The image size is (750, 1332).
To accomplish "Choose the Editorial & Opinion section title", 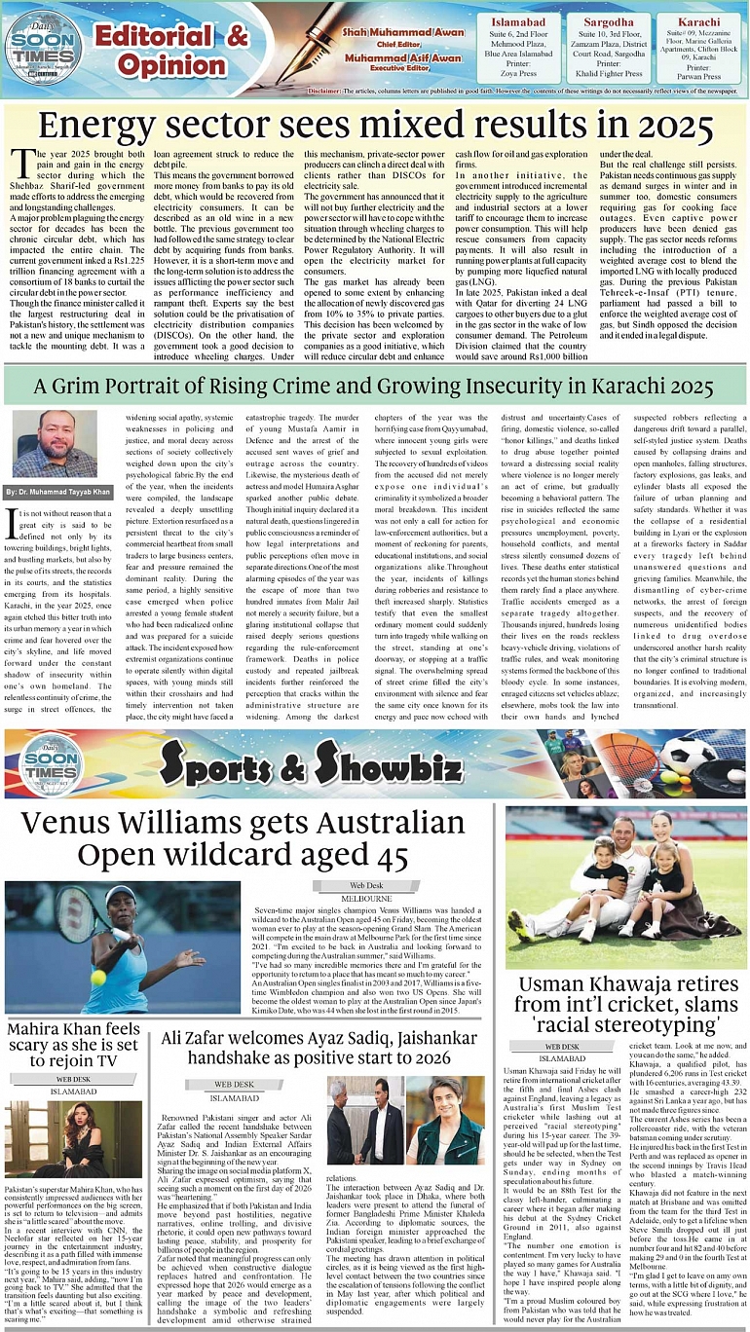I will [x=170, y=51].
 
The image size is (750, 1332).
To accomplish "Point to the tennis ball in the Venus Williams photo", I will [x=97, y=977].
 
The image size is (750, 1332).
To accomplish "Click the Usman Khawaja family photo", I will [x=625, y=887].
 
